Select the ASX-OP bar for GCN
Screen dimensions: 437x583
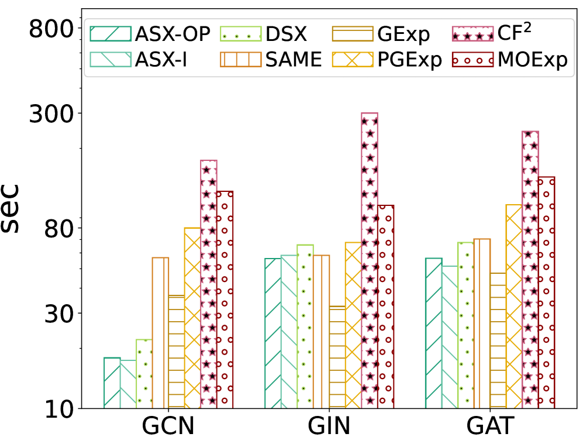(112, 383)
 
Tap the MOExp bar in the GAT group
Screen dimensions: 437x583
(546, 293)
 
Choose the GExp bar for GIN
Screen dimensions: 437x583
(337, 357)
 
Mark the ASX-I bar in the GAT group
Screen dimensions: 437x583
(450, 337)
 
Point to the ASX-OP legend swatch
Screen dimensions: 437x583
(110, 35)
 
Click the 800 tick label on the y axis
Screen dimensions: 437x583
(50, 28)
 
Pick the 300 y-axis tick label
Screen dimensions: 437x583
(50, 113)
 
